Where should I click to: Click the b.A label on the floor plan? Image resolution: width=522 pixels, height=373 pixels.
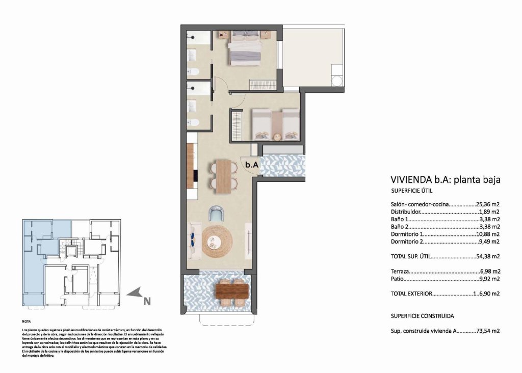click(x=251, y=165)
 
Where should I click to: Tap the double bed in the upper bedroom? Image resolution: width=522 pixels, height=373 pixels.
click(x=245, y=48)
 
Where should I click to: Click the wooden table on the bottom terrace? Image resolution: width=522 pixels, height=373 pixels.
click(x=231, y=291)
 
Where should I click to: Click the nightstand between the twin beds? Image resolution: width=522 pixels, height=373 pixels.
click(x=276, y=137)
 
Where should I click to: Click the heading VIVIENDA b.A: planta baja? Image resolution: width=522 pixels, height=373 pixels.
click(x=445, y=179)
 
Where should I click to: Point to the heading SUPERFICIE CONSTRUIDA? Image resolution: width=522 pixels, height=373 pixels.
click(x=422, y=316)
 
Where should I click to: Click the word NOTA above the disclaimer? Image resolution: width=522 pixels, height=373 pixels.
click(x=27, y=322)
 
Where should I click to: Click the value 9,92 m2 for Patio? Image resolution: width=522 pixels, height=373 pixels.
click(x=489, y=279)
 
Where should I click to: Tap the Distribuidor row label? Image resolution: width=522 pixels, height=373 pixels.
click(x=405, y=211)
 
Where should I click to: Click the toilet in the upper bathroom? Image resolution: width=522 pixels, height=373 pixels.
click(x=193, y=71)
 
